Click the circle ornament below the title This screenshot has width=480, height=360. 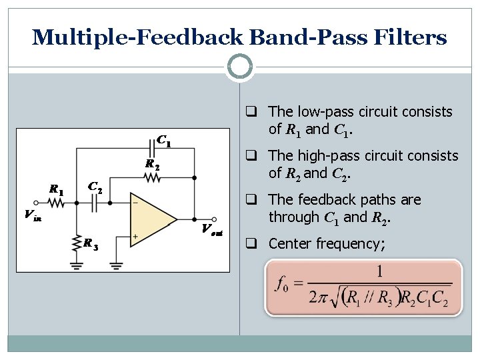(x=240, y=67)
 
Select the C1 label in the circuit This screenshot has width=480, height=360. (x=163, y=141)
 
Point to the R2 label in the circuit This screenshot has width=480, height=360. (x=153, y=165)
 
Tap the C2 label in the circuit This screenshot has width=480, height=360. (x=95, y=189)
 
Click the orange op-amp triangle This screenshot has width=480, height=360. (x=150, y=218)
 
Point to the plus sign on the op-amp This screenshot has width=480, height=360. (x=135, y=236)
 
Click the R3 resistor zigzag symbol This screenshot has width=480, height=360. (x=79, y=243)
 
